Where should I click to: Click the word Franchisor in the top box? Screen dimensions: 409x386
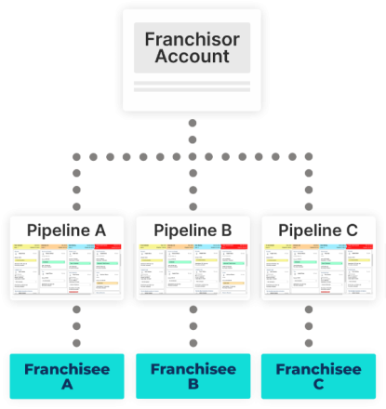point(192,40)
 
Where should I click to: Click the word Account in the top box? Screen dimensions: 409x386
point(192,56)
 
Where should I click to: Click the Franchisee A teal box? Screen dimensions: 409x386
point(66,376)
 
